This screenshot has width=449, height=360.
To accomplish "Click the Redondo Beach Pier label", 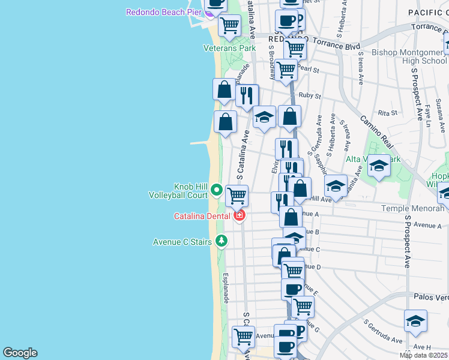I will (163, 12).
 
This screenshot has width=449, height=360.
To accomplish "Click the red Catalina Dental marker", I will (240, 215).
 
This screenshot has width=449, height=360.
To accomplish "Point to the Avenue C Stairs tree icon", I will (221, 241).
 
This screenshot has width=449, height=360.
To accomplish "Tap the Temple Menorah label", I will (415, 208).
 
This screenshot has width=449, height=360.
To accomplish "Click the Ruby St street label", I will (310, 95).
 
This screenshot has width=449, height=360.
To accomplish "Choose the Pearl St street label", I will (308, 70).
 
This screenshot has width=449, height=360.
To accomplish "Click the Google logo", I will (20, 353).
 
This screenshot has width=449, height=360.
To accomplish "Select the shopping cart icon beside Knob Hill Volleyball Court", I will (237, 195).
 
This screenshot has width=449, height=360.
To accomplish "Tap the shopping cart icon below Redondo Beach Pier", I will (229, 25).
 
